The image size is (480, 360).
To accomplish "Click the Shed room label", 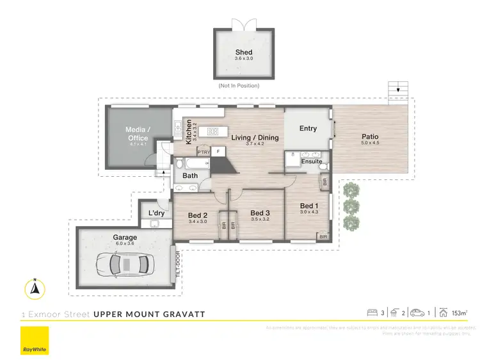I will [243, 53].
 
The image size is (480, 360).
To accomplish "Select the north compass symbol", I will [36, 289].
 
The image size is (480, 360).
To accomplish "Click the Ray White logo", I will [35, 341].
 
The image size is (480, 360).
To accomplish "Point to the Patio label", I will [370, 136].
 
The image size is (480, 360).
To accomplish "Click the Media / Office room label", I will [137, 134].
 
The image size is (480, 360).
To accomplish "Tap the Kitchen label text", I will [189, 132].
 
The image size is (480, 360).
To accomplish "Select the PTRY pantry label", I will [204, 152].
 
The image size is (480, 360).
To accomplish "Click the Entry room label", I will [308, 128].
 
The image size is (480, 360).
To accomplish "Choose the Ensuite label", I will [312, 161].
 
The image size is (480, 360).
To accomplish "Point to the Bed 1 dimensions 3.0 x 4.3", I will [309, 212].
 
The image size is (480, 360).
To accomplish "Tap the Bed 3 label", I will [259, 213].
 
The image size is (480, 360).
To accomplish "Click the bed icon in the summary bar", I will [371, 313].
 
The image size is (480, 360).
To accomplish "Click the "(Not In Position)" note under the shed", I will [239, 85].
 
